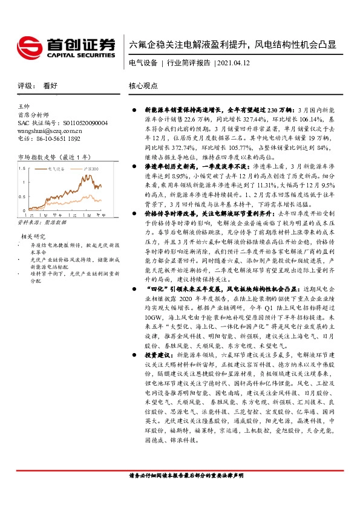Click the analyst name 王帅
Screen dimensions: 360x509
25,107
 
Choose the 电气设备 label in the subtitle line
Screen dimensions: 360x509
143,62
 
